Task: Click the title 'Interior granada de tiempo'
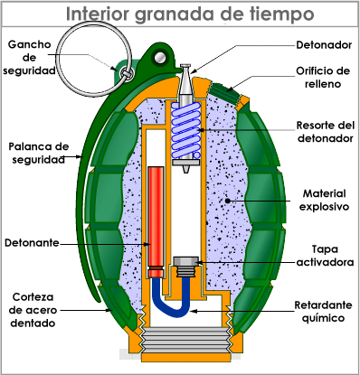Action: click(x=188, y=16)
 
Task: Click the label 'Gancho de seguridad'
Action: click(x=31, y=58)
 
